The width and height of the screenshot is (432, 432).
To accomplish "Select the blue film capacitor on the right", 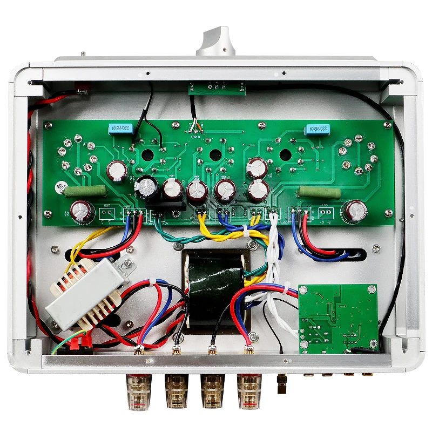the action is [x=316, y=130].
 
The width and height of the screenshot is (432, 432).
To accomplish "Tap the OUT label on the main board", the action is [x=106, y=206].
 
